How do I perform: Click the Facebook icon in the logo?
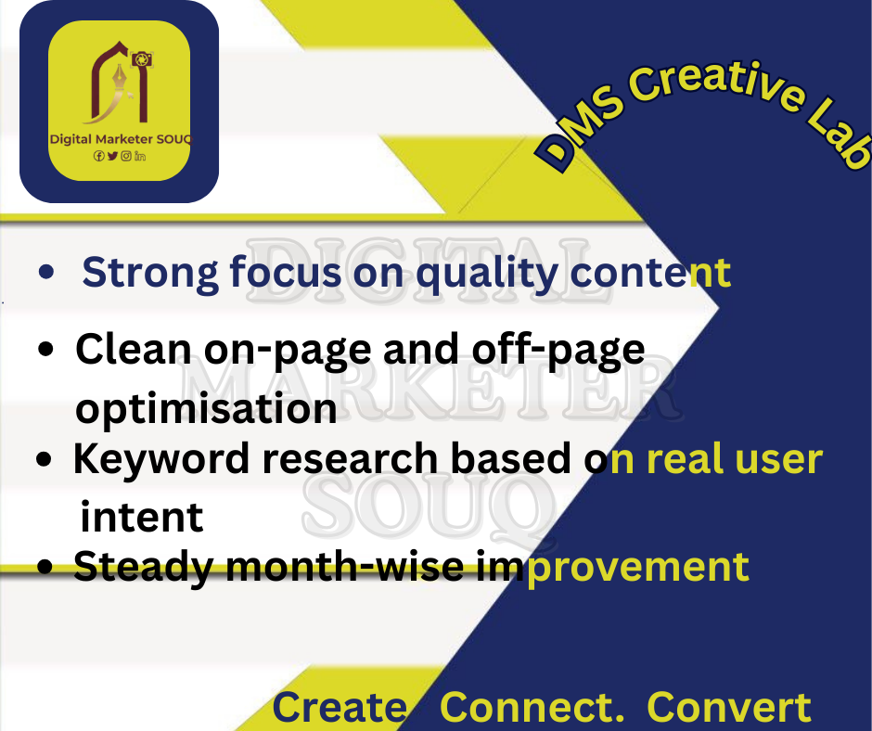pyautogui.click(x=98, y=157)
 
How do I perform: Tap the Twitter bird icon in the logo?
pyautogui.click(x=112, y=157)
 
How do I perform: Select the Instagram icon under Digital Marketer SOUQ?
pyautogui.click(x=126, y=157)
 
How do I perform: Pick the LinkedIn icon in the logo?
pyautogui.click(x=140, y=157)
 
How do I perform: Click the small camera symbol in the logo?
pyautogui.click(x=142, y=59)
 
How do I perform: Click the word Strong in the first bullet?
pyautogui.click(x=150, y=274)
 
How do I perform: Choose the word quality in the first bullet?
pyautogui.click(x=487, y=274)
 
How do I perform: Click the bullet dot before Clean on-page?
pyautogui.click(x=45, y=350)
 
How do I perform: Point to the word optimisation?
pyautogui.click(x=206, y=408)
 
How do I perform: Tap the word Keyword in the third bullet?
pyautogui.click(x=161, y=459)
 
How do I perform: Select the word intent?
pyautogui.click(x=142, y=518)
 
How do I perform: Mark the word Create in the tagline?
pyautogui.click(x=340, y=708)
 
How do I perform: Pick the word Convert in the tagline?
pyautogui.click(x=729, y=708)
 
